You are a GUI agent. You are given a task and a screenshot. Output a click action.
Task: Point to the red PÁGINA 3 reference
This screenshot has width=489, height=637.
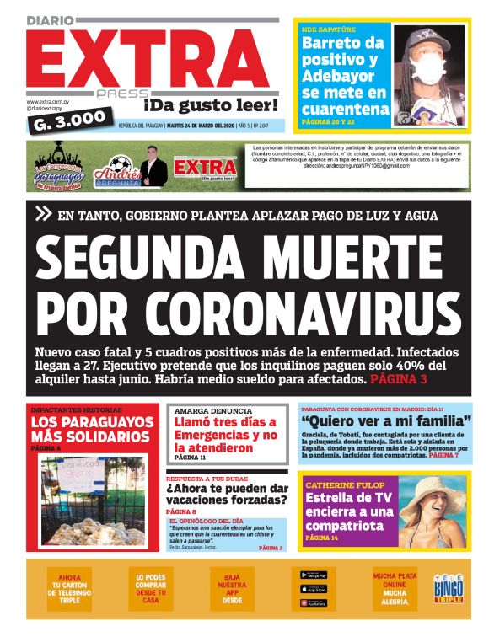click(x=399, y=380)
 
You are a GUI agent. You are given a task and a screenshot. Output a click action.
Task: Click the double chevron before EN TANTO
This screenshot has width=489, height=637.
click(x=43, y=215)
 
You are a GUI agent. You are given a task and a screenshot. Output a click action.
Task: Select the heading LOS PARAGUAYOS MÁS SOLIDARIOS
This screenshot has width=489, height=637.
click(x=90, y=429)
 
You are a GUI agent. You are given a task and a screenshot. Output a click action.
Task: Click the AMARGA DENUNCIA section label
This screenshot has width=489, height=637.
click(x=206, y=411)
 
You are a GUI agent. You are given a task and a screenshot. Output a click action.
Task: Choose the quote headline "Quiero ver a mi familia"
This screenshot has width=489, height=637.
click(x=387, y=420)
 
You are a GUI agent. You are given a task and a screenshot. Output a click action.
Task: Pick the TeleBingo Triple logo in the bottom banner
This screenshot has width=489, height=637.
click(x=449, y=587)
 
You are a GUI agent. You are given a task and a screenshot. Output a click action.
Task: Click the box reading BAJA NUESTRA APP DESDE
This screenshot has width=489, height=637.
click(x=233, y=587)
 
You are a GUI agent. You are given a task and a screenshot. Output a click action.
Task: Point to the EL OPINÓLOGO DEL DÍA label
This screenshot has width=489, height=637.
click(x=206, y=522)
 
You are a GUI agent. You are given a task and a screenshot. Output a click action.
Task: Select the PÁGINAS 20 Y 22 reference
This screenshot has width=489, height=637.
click(x=335, y=122)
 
